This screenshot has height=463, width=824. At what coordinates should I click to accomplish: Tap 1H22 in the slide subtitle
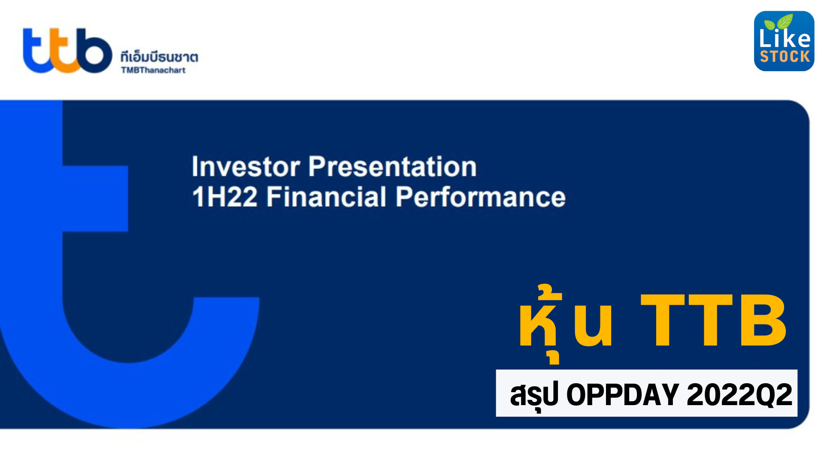click(224, 197)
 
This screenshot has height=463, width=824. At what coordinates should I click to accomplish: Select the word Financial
click(327, 197)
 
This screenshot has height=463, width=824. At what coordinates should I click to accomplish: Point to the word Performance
click(480, 197)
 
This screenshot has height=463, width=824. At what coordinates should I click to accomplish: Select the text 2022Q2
click(739, 394)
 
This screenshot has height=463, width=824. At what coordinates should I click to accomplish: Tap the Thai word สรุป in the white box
click(534, 394)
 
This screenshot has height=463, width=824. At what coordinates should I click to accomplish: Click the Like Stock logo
click(784, 41)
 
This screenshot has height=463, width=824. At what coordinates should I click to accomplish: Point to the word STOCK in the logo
click(785, 57)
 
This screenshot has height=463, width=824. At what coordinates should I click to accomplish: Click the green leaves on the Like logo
click(781, 21)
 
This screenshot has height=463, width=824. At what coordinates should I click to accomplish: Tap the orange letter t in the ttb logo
click(64, 51)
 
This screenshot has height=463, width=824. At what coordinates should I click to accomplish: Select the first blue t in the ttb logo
click(36, 51)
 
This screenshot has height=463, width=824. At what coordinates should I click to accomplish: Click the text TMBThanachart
click(153, 70)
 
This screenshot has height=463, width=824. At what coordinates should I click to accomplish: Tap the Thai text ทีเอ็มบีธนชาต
click(159, 57)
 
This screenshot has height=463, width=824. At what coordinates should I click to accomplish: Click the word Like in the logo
click(785, 39)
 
